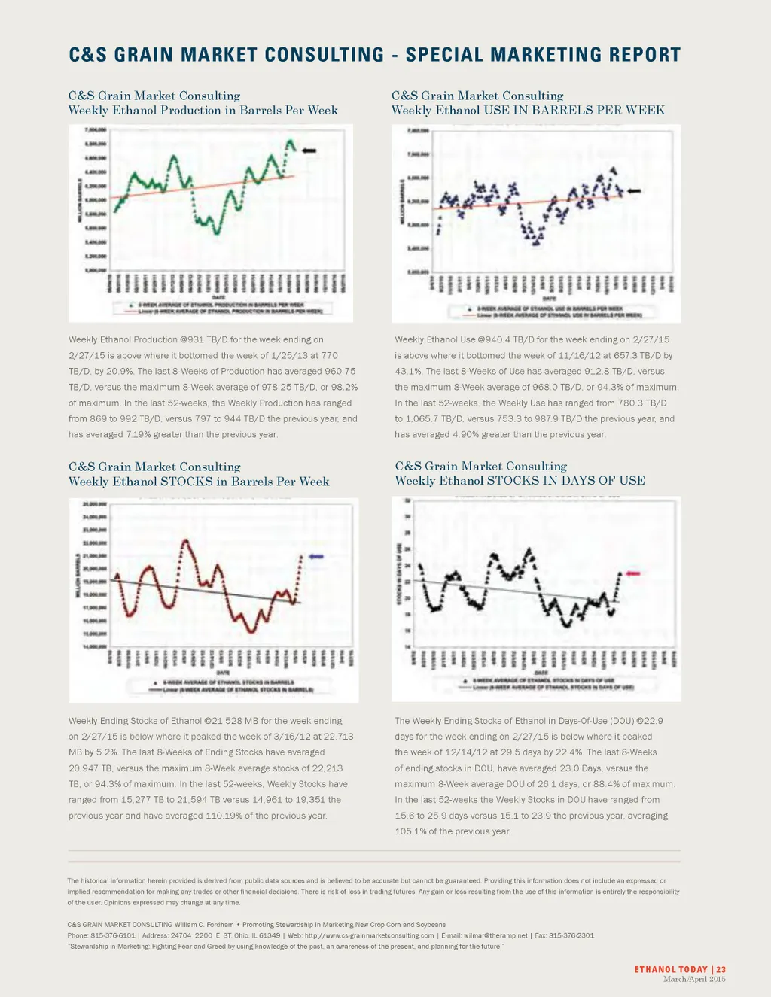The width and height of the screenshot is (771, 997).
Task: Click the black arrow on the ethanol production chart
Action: [x=309, y=151]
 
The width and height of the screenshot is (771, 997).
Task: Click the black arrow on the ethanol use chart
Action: [x=634, y=191]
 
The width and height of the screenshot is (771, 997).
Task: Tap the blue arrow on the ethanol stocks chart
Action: [x=315, y=556]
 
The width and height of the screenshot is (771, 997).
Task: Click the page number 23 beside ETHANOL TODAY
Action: [x=721, y=970]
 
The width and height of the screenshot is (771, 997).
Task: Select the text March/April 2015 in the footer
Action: [x=694, y=979]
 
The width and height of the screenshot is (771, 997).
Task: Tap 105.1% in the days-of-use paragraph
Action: [x=410, y=831]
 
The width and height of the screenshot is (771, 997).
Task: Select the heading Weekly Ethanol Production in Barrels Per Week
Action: [x=203, y=111]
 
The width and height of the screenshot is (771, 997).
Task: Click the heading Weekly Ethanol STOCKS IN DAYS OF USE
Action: [x=520, y=481]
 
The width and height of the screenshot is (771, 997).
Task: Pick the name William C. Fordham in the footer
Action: [x=205, y=924]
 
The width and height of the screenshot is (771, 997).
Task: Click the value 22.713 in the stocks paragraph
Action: [x=338, y=737]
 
